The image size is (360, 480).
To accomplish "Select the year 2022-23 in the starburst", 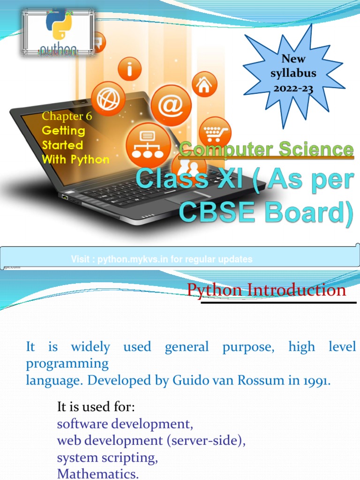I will click(x=293, y=88).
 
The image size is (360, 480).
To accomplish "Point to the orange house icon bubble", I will click(x=203, y=85).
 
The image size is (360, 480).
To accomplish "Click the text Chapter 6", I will click(x=67, y=116).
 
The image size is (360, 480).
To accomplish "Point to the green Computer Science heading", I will click(x=266, y=150).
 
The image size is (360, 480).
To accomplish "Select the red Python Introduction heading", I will click(x=266, y=290).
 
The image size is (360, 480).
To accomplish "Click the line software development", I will click(x=125, y=424).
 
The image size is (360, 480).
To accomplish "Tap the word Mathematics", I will click(x=97, y=473).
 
